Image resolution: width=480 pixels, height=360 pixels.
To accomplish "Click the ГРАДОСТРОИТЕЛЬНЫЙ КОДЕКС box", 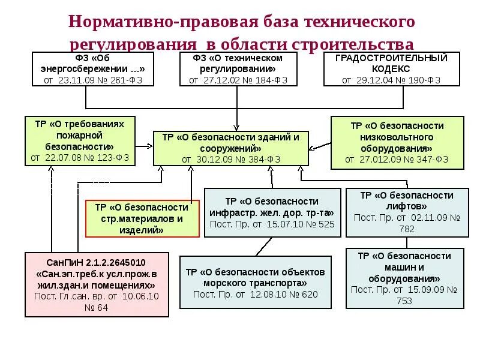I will (x=391, y=69).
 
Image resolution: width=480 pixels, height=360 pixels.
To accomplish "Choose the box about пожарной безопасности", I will (x=80, y=142).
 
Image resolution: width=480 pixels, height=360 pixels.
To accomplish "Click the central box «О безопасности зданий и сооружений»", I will (x=230, y=148).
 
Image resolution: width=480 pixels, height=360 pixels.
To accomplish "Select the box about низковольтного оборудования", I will (x=397, y=142).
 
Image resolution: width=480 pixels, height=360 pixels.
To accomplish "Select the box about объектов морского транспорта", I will (x=255, y=283).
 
